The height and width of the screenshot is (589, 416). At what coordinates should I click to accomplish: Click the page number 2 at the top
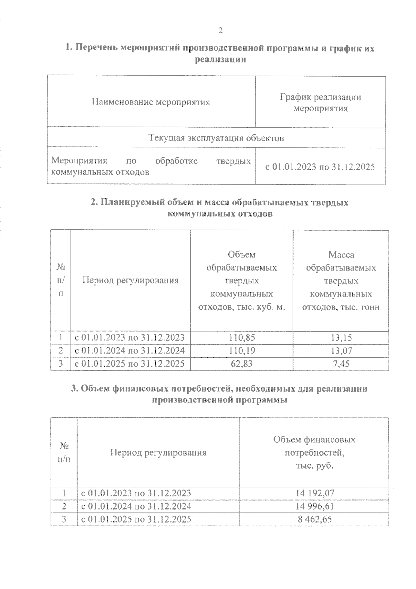coord(220,31)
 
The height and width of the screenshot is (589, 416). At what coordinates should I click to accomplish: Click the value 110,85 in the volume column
coord(242,337)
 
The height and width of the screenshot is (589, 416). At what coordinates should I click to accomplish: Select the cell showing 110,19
coord(242,351)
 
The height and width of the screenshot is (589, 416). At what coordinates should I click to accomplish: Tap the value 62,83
coord(242,364)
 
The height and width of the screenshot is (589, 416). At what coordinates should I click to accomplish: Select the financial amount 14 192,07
coord(315,493)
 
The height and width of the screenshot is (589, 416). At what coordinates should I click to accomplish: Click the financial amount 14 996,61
coord(315,506)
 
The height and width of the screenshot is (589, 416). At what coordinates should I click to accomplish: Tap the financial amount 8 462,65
coord(315,519)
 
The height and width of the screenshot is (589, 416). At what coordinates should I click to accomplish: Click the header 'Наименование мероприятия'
coord(151,102)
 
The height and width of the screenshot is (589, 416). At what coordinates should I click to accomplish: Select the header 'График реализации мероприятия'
coord(320,103)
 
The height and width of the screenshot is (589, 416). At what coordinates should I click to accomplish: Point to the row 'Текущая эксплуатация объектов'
coord(216,138)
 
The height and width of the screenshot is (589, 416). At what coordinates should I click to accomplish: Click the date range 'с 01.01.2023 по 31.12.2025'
coord(320,167)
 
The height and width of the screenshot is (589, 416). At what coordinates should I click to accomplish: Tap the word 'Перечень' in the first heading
coord(96,48)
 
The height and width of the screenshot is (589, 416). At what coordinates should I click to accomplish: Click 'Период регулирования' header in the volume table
coord(130,280)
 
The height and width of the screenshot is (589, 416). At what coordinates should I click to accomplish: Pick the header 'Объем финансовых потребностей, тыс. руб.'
coord(314,453)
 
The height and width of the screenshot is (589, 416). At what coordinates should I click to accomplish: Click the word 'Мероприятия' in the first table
coord(79,161)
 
